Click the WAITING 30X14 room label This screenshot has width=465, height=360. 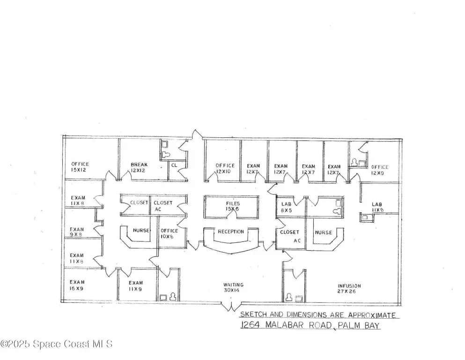pos(233,287)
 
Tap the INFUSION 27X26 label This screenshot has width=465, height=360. pos(349,288)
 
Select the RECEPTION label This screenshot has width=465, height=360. pos(231,232)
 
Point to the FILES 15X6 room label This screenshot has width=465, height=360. pos(233,206)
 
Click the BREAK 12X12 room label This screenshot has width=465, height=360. pos(139,167)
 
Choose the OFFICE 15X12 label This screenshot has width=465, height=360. pos(80,167)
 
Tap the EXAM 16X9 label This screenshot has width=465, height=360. pos(77,285)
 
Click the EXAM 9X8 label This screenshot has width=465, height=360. pos(77,232)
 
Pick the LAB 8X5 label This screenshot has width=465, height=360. pos(287,207)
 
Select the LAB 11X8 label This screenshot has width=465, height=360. pos(377,207)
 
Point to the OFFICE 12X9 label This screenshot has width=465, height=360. pos(380,170)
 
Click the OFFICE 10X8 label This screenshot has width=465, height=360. pos(169,233)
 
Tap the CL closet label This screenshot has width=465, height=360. pos(174,165)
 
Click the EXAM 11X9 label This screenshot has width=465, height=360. pos(136,285)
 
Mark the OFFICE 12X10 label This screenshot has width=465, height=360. pos(225,169)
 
